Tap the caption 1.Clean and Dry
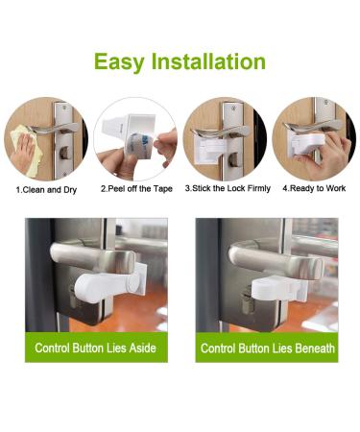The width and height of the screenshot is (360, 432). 47,188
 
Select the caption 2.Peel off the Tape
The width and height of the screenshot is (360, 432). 136,188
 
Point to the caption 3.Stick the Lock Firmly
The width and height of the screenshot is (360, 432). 228,188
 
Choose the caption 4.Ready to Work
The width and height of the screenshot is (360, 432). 312,188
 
